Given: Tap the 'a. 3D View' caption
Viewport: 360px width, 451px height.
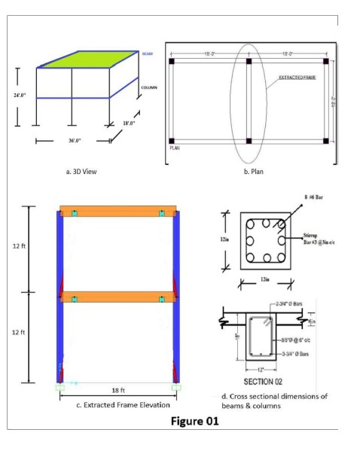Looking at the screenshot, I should [x=81, y=172].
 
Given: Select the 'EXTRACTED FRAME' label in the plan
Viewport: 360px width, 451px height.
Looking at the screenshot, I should [x=297, y=78].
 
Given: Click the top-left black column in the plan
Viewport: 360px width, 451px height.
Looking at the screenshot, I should [x=172, y=61].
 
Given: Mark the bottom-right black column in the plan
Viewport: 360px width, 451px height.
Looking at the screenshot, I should [x=325, y=141].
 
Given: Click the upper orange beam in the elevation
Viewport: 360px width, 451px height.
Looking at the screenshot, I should [x=117, y=212].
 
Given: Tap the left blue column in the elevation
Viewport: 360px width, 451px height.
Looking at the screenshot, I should [x=60, y=301].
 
